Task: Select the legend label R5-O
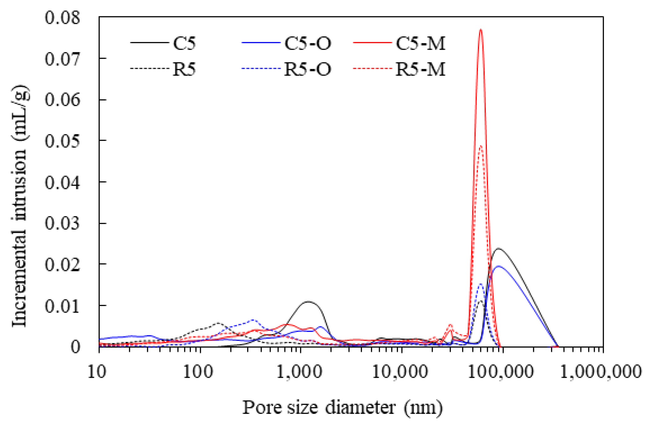coord(308,69)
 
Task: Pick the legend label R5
coord(184,69)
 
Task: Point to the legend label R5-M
coord(420,69)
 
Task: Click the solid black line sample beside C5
coord(149,43)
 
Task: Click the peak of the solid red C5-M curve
coord(481,29)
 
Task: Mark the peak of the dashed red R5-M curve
coord(481,146)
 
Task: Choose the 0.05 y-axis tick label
coord(63,141)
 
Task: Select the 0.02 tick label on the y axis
coord(63,264)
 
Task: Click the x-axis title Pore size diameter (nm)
coord(343,408)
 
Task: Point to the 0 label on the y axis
coord(75,347)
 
